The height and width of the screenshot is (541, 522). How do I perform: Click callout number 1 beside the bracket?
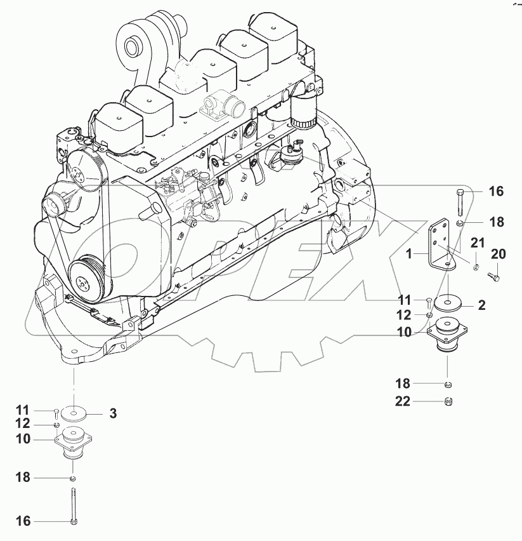(410, 253)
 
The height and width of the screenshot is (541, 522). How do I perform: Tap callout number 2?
(481, 305)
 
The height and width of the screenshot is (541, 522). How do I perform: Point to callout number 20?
(499, 255)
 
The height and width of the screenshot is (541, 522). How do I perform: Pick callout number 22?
(403, 401)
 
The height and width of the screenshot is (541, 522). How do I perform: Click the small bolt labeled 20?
(494, 276)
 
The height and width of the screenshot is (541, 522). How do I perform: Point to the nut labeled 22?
(447, 401)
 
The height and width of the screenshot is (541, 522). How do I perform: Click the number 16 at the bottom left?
(23, 521)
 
